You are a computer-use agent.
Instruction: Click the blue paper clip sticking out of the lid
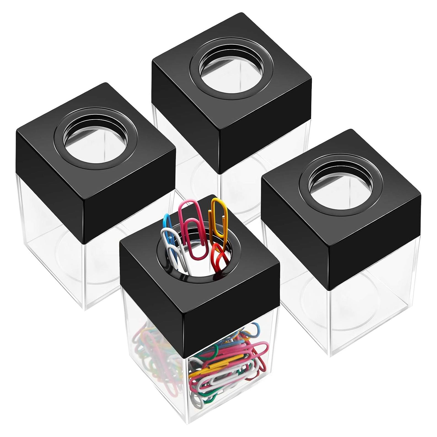coord(167,221)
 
